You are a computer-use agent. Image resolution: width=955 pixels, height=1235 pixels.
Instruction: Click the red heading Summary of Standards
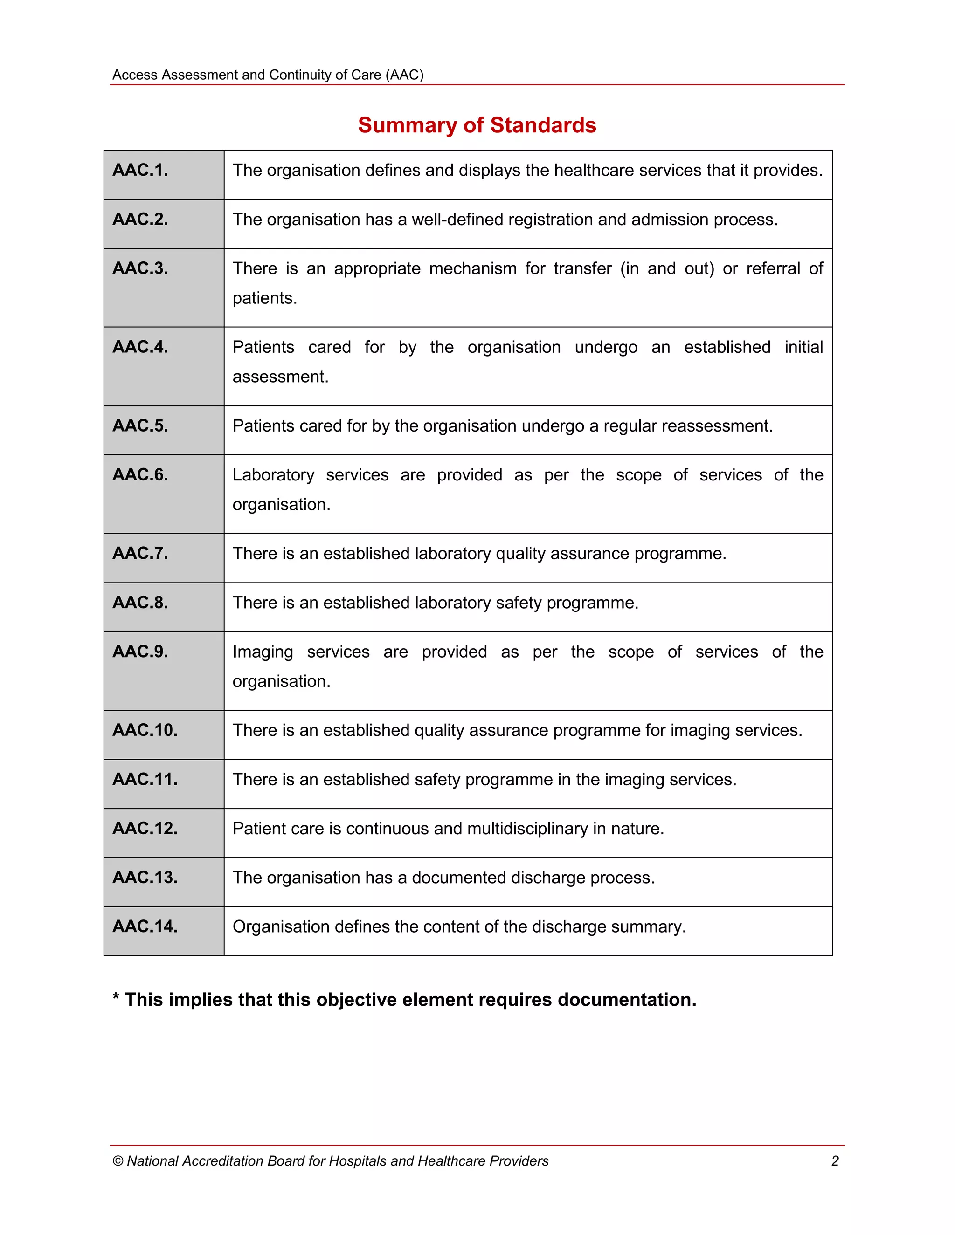point(477,125)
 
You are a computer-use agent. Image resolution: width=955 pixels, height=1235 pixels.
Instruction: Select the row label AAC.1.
point(140,170)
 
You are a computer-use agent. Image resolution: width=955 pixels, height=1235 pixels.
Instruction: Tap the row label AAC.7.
point(140,553)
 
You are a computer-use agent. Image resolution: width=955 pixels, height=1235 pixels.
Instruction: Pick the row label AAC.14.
point(145,926)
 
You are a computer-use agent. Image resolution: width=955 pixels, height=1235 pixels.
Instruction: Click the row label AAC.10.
point(145,730)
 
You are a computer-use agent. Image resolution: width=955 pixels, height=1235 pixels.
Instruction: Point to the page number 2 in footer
point(835,1161)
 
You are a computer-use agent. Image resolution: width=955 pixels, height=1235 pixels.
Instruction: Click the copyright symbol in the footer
point(118,1161)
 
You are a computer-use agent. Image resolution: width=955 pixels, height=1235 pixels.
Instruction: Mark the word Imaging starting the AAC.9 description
point(263,652)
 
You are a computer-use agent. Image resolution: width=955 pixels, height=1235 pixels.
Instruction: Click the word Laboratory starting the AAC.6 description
point(273,475)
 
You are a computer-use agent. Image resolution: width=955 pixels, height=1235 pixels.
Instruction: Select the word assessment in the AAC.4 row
point(280,377)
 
